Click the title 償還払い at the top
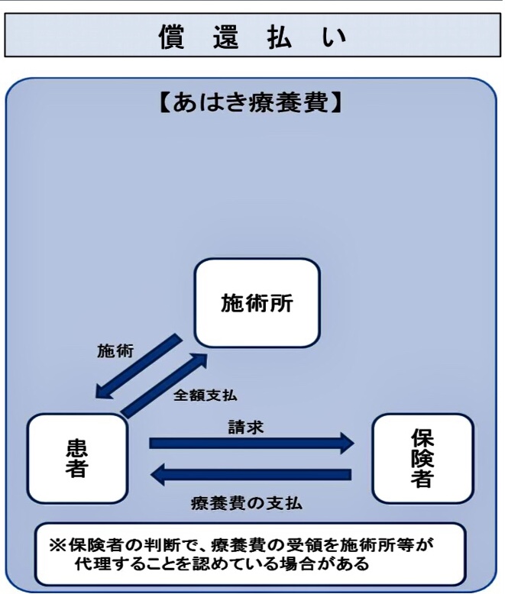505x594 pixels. click(252, 37)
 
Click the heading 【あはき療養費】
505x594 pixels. click(251, 102)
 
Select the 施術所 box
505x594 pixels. click(257, 302)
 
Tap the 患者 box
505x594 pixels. click(77, 458)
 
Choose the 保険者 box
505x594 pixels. click(422, 458)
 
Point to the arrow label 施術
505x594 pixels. click(115, 350)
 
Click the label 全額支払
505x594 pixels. click(205, 395)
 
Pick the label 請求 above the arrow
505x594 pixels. click(246, 427)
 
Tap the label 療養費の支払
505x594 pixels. click(247, 503)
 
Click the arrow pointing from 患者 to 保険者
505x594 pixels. click(252, 443)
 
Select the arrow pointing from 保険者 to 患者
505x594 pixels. click(251, 474)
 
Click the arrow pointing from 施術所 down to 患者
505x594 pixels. click(139, 366)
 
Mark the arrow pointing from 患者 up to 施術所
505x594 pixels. click(163, 386)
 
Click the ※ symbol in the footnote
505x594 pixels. click(57, 545)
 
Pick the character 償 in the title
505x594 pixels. click(171, 37)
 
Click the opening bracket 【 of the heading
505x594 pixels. click(164, 102)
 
